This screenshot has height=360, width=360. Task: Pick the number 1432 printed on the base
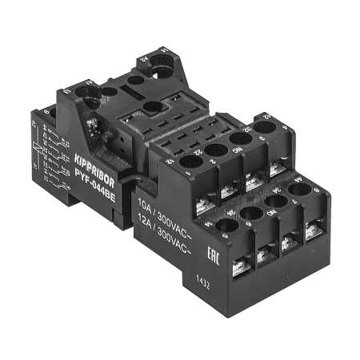(206, 282)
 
